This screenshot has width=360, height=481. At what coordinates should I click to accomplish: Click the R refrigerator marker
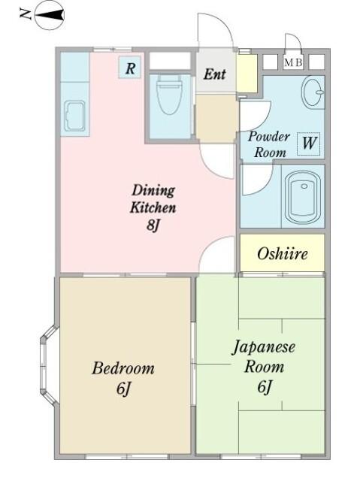click(130, 68)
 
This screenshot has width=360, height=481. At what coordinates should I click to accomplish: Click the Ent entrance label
click(214, 74)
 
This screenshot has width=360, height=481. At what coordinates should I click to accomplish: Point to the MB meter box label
click(293, 62)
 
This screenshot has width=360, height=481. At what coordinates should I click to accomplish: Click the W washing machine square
click(309, 143)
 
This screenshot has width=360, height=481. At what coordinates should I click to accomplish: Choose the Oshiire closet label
click(282, 253)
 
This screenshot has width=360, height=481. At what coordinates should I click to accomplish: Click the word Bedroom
click(123, 368)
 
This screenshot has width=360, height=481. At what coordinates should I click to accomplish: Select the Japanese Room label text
click(263, 357)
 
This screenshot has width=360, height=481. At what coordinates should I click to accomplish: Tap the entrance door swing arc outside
click(213, 30)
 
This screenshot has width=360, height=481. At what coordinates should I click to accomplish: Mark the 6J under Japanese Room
click(263, 387)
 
